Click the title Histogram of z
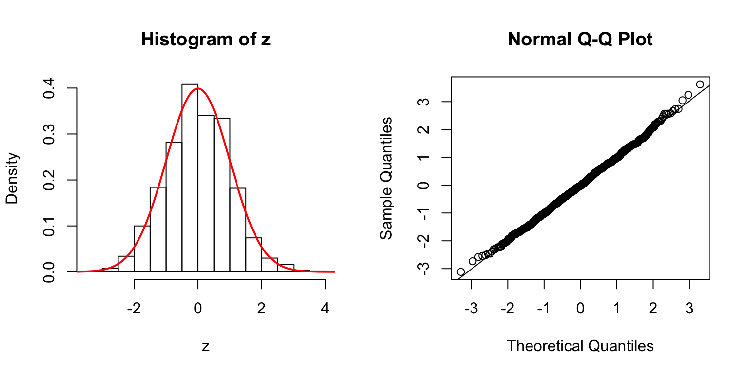coord(205,40)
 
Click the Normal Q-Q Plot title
coord(580,40)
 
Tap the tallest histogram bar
coord(190,178)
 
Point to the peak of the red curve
coord(197,89)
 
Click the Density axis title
coord(12,178)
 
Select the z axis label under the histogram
coord(205,346)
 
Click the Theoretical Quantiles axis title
coord(580,346)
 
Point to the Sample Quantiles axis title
coord(386,178)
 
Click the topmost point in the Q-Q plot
coord(700,84)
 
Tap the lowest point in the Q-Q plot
coord(460,271)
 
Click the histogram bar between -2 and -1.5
coord(142,249)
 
